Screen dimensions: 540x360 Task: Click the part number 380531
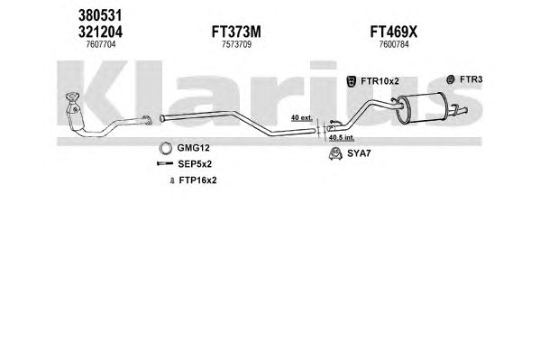click(x=100, y=15)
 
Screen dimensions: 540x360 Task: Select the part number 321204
click(x=100, y=32)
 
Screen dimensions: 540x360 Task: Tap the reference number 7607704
click(x=101, y=44)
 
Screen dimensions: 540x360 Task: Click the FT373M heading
click(x=236, y=32)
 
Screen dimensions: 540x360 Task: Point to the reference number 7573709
click(x=236, y=44)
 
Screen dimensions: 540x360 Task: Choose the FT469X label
click(x=394, y=32)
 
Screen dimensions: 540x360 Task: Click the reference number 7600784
click(x=394, y=44)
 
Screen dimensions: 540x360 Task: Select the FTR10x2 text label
click(x=380, y=81)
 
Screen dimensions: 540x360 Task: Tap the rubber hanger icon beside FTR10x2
click(x=352, y=81)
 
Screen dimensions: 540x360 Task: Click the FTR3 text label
click(x=471, y=79)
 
